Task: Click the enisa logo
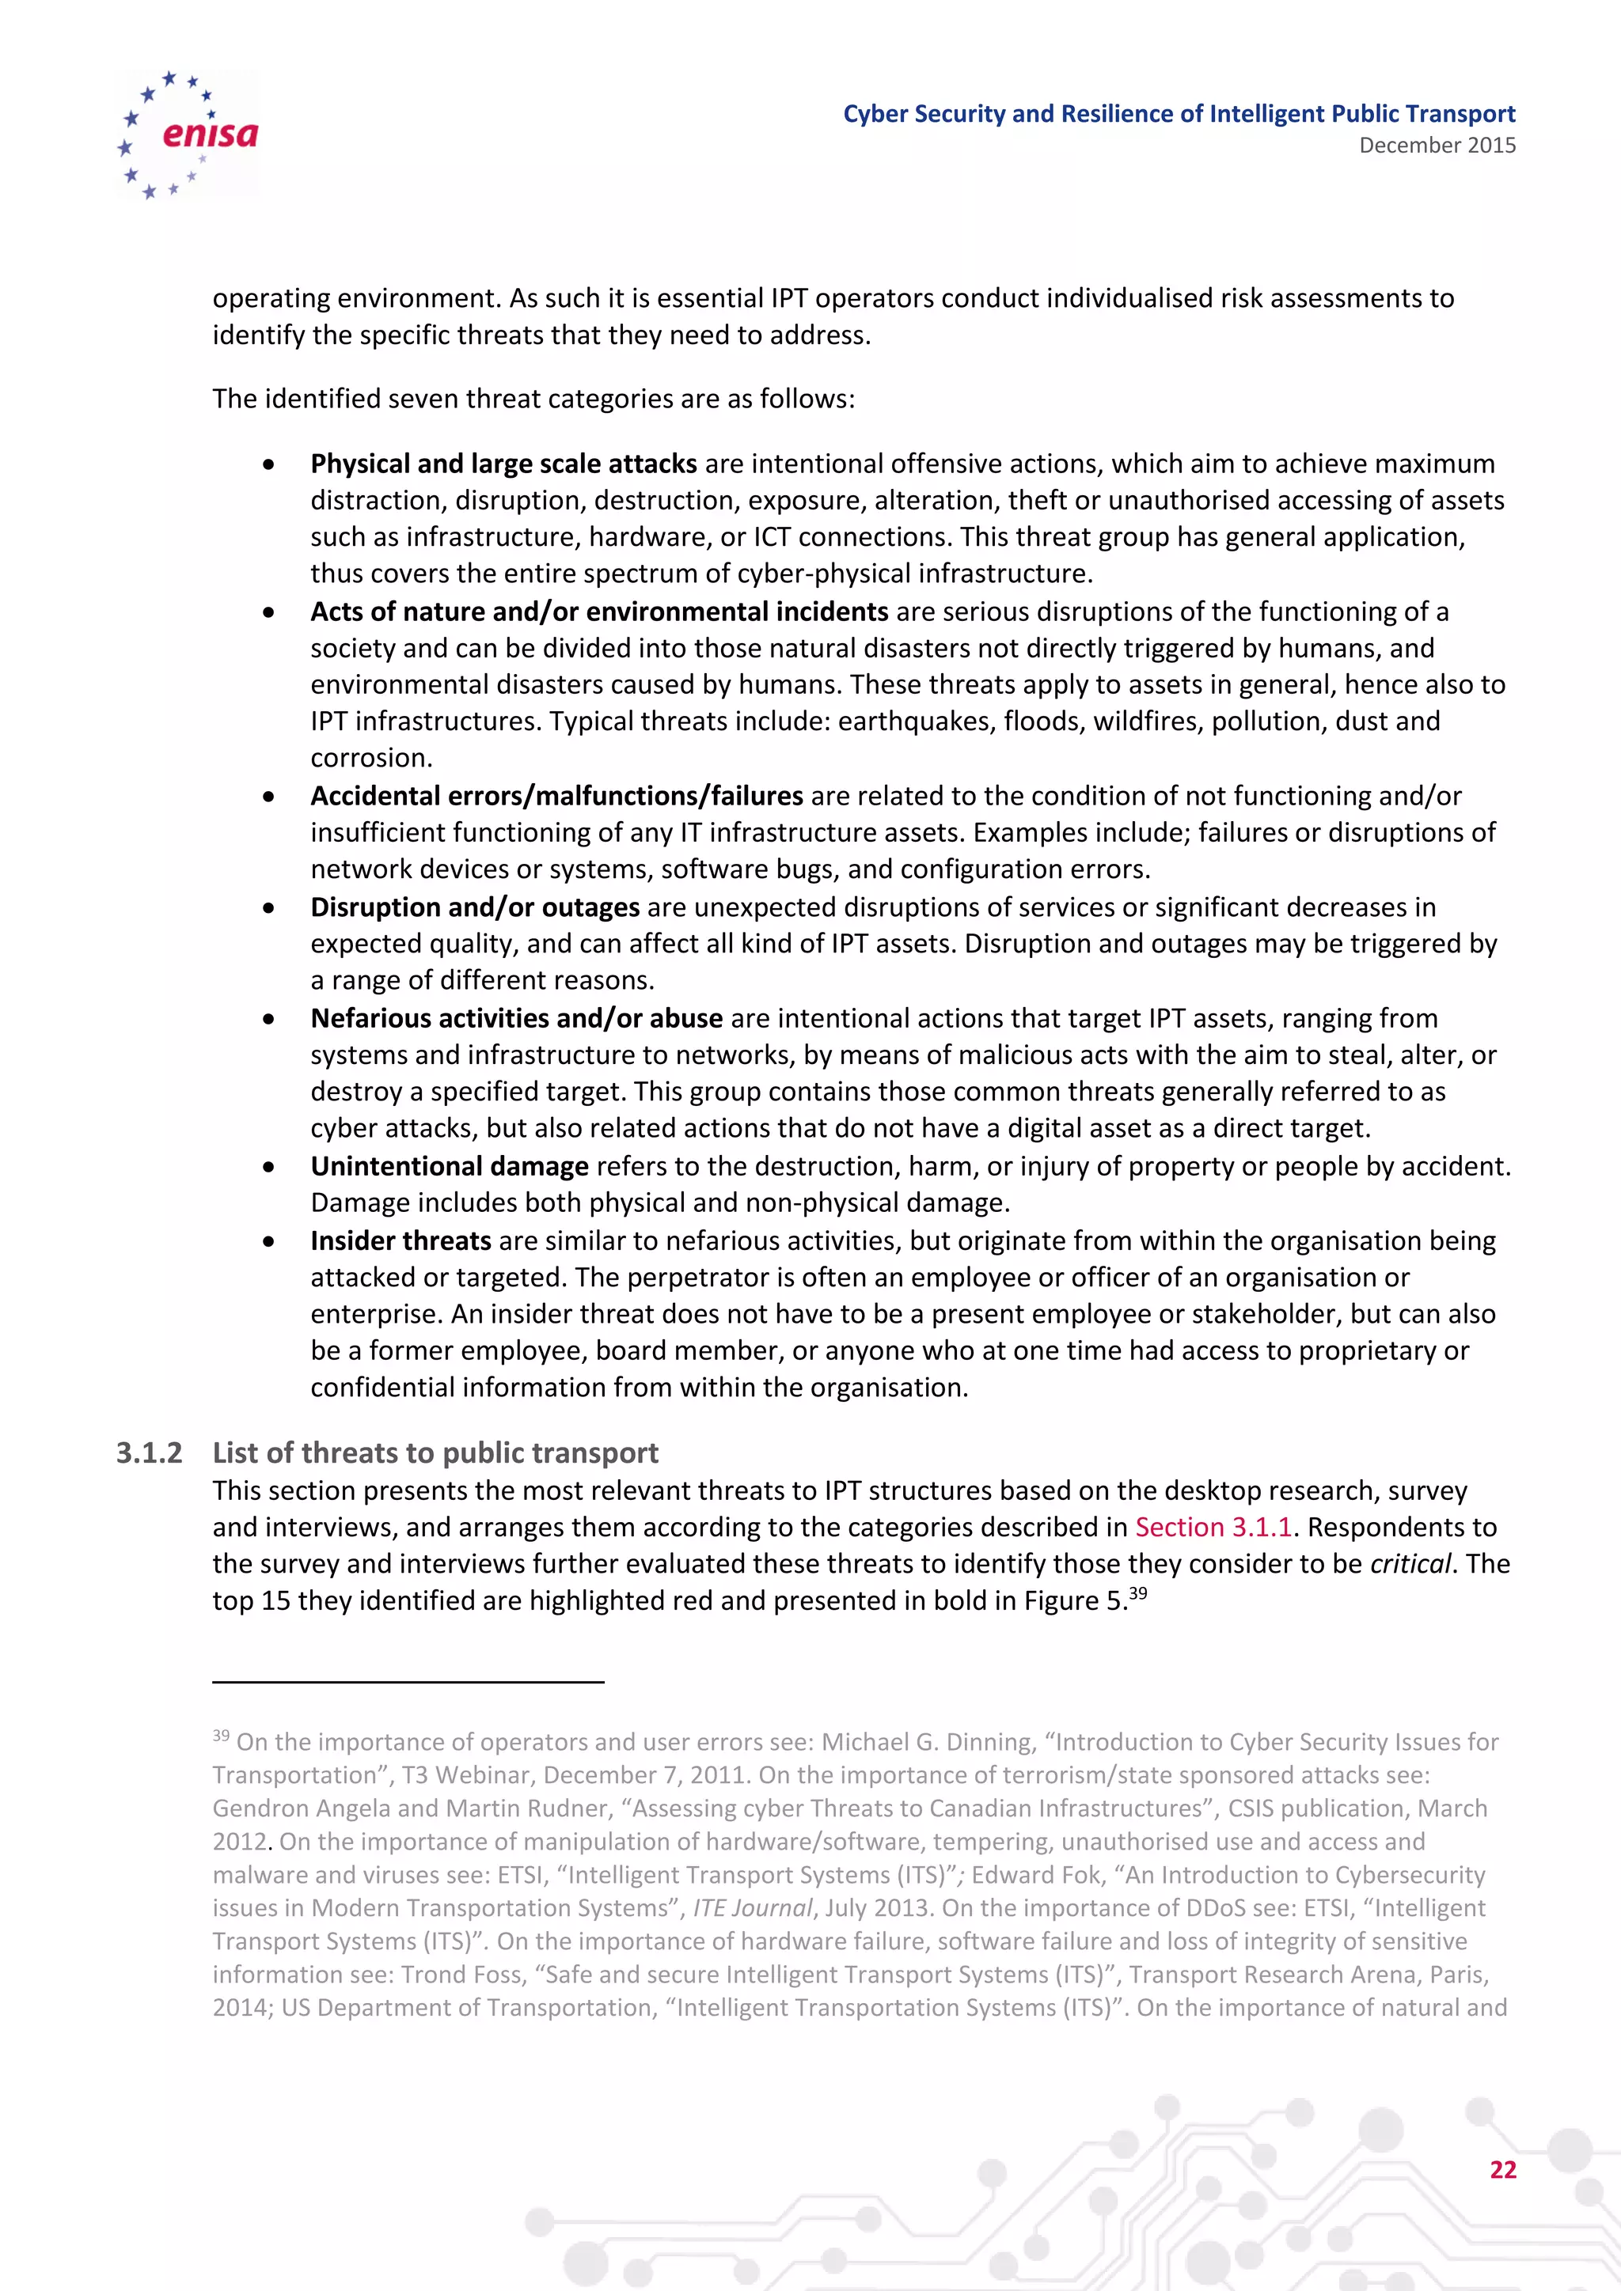pos(188,134)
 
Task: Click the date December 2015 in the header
pos(1437,146)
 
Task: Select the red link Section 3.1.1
pos(1213,1527)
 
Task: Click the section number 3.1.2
pos(150,1452)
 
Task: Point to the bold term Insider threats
pos(401,1240)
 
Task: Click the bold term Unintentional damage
pos(449,1166)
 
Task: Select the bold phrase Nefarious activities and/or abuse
pos(516,1018)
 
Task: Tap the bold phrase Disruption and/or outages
pos(475,907)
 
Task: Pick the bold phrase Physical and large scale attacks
pos(503,464)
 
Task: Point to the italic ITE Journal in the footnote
pos(753,1908)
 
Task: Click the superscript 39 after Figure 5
pos(1138,1592)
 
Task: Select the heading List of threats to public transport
pos(435,1452)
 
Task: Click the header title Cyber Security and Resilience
pos(1179,114)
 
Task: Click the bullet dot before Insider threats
pos(268,1242)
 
